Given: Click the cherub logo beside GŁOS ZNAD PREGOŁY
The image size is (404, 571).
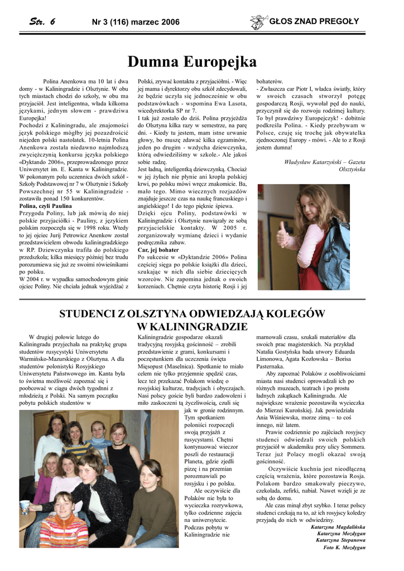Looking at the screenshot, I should [258, 22].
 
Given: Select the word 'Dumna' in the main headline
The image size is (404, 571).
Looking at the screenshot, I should [157, 61].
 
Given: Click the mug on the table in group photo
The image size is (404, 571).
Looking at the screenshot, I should [25, 507].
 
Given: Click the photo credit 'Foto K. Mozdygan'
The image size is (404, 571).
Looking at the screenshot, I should [344, 547].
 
